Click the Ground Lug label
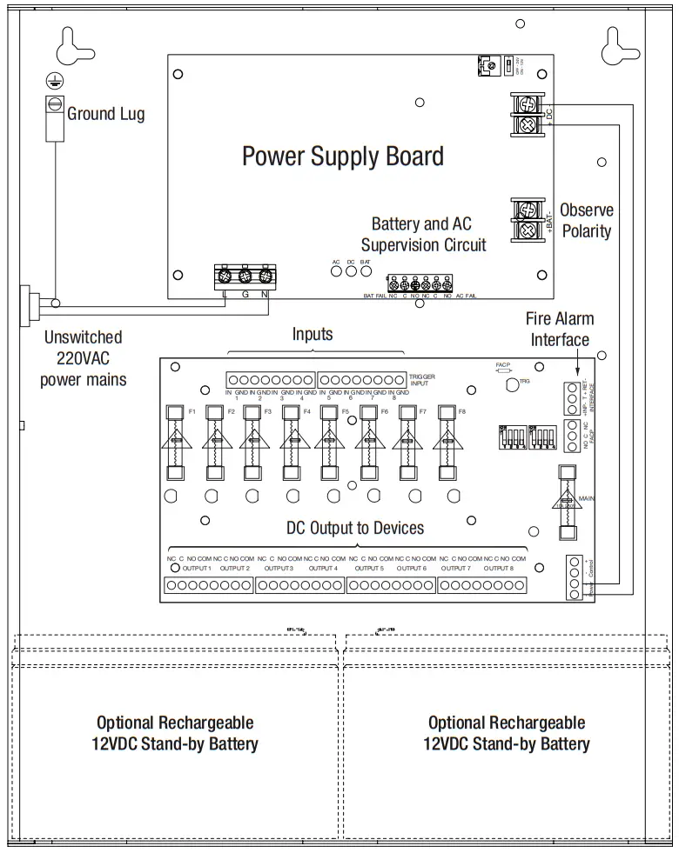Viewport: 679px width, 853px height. [105, 113]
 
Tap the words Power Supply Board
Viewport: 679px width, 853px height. [342, 157]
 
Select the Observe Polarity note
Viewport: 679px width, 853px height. [586, 221]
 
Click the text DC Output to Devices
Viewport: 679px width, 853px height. [355, 528]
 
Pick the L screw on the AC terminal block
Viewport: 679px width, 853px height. [225, 277]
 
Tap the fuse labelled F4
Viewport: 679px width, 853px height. [291, 443]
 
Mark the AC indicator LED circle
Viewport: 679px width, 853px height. [336, 270]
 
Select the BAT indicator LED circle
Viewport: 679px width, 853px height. [366, 270]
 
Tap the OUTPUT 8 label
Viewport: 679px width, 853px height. [498, 568]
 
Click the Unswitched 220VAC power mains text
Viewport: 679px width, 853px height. [84, 357]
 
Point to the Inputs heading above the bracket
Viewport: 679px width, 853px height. [313, 334]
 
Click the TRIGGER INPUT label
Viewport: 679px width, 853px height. [422, 379]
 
